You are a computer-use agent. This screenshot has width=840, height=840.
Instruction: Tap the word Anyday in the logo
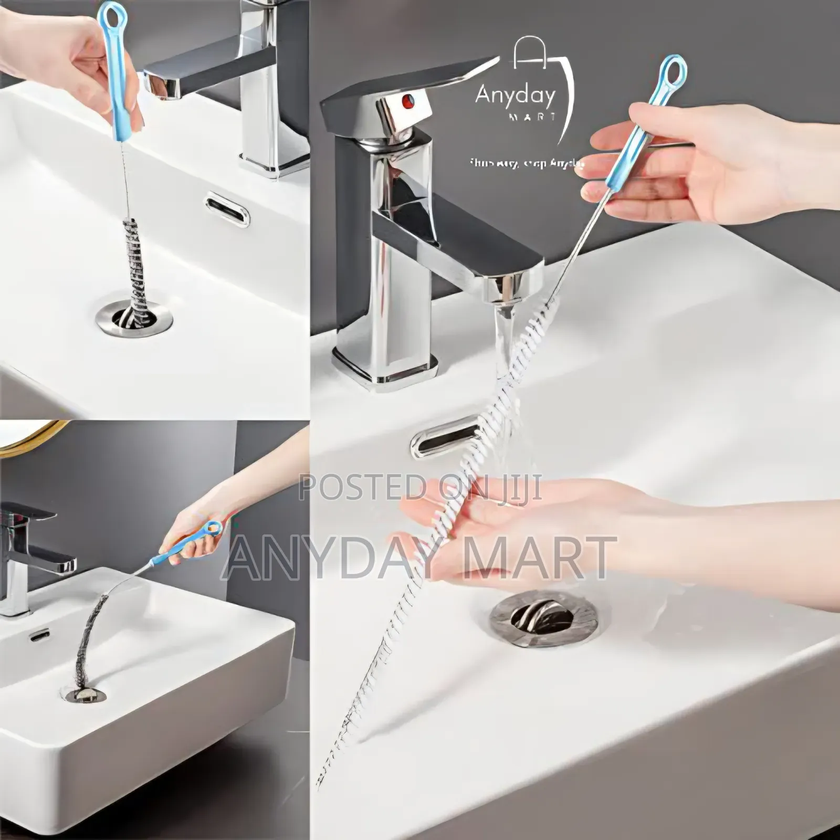514,96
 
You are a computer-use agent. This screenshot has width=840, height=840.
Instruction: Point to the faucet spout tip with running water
503,292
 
